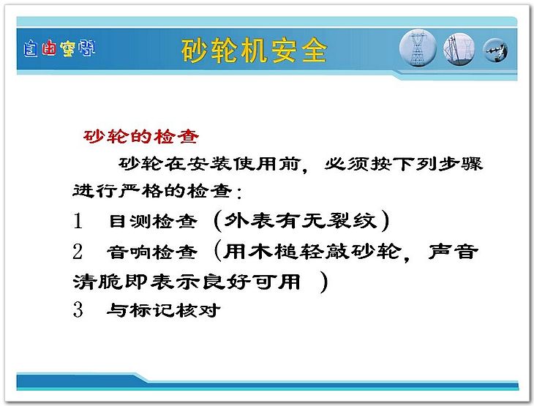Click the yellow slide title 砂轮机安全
point(254,50)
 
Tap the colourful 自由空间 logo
point(59,49)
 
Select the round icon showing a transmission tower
point(418,48)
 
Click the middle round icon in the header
point(459,50)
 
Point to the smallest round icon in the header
point(495,50)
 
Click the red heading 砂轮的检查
point(141,137)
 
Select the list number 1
point(78,220)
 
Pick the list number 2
point(78,252)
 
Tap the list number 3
point(78,309)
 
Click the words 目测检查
point(153,222)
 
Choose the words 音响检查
point(152,252)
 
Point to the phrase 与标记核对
point(163,310)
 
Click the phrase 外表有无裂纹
point(301,220)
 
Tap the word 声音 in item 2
point(454,252)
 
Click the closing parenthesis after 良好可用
point(324,282)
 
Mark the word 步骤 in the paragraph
point(460,164)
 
